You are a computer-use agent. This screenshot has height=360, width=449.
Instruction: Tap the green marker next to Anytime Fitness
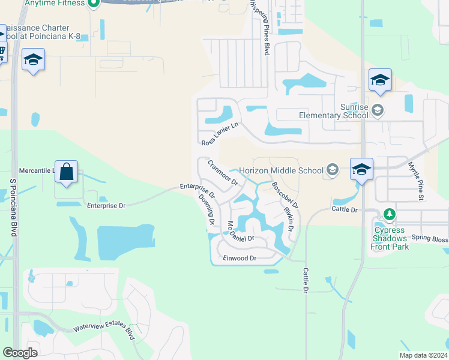click(x=93, y=4)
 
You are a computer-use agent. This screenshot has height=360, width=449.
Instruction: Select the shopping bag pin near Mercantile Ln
click(x=66, y=172)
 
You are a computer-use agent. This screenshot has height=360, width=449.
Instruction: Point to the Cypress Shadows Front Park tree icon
click(x=390, y=214)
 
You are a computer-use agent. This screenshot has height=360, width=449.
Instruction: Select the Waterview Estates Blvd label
click(x=104, y=328)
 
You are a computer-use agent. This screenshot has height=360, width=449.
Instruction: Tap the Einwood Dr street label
click(x=240, y=258)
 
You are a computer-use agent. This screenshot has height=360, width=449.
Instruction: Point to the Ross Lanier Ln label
click(x=220, y=134)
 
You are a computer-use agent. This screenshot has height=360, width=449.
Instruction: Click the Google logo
click(x=20, y=352)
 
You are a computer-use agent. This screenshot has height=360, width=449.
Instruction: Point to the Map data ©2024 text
click(x=423, y=355)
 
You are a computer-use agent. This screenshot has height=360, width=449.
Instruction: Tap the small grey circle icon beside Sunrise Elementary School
click(x=378, y=110)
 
